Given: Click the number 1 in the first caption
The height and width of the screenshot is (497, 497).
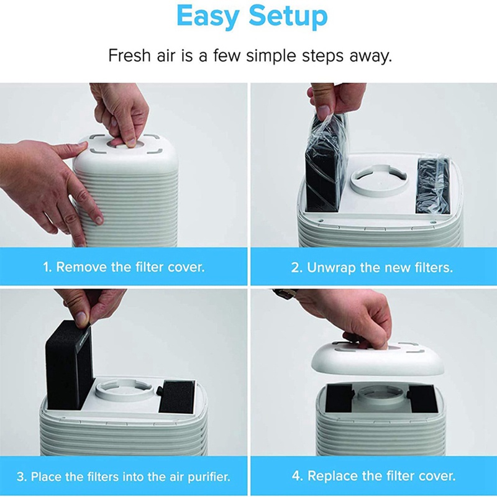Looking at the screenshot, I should [45, 267].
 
